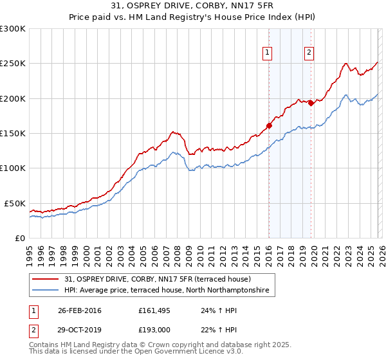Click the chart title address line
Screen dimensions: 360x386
coord(192,6)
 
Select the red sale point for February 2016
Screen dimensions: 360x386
coord(269,126)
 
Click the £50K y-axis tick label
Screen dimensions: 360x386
coord(15,203)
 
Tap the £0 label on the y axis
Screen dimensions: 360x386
coord(21,238)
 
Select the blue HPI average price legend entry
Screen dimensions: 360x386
coord(170,291)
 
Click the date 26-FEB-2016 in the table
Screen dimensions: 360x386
coord(79,310)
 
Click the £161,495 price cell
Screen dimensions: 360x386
coord(154,310)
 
